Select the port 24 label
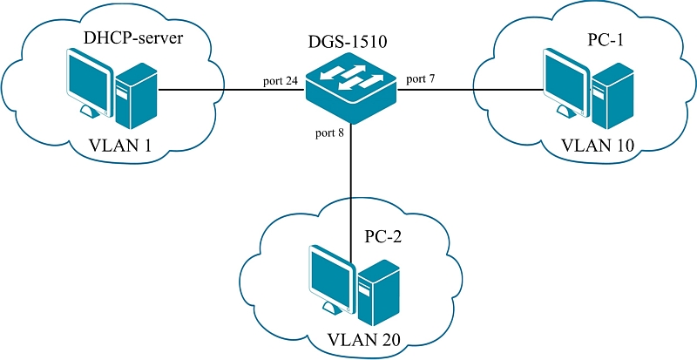tap(280, 81)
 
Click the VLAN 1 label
tap(119, 146)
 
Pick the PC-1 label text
tap(599, 41)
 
